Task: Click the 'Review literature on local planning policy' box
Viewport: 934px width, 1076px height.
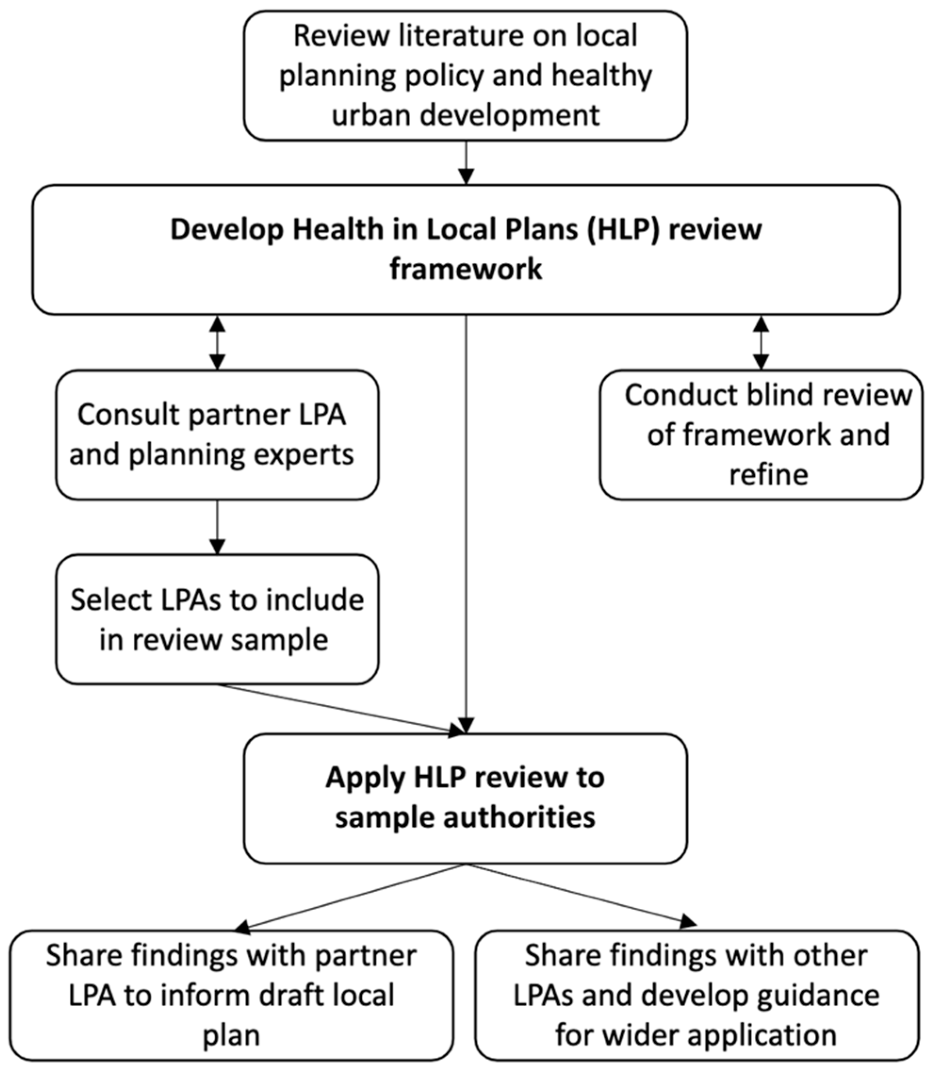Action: pos(465,75)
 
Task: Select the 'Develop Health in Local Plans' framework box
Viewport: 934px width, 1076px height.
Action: pos(465,249)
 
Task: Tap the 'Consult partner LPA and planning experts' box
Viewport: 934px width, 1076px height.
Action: pos(217,435)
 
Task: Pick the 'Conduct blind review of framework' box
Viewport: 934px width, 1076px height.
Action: pos(761,435)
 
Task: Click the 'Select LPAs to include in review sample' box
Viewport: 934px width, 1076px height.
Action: pos(217,619)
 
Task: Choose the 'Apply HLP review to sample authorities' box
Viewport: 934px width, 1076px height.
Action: pos(465,798)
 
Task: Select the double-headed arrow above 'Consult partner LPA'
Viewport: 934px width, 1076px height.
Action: pos(217,342)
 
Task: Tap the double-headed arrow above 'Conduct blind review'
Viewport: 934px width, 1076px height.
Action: pos(762,342)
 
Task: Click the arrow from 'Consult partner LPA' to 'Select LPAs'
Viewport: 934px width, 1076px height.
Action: pos(217,527)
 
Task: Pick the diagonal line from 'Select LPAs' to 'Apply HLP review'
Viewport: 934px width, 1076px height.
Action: pos(339,709)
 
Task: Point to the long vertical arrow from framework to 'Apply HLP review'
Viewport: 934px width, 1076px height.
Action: pos(466,522)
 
